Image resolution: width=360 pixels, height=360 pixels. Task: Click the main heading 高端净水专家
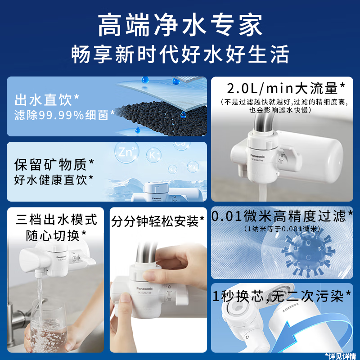tap(180, 26)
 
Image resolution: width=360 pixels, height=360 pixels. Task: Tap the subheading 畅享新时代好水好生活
tap(180, 54)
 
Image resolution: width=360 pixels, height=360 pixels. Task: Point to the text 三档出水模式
tap(56, 220)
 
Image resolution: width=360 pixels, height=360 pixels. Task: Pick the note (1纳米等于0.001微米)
tap(282, 229)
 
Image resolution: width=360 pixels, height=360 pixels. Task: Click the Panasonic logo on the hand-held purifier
tap(144, 288)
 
